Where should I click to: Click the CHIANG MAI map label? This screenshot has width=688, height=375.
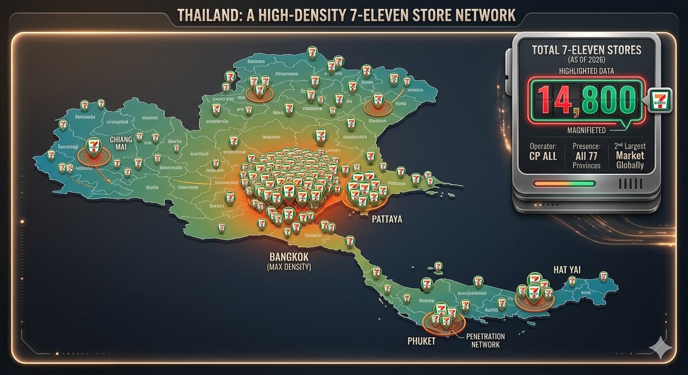[x=121, y=144]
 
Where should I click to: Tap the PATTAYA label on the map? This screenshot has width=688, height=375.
[x=387, y=219]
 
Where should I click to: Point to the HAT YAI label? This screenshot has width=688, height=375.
[x=567, y=270]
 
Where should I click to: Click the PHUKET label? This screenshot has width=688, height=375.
[x=421, y=341]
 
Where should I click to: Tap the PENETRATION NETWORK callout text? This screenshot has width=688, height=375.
[x=485, y=340]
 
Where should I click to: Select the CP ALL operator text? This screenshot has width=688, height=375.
[x=543, y=156]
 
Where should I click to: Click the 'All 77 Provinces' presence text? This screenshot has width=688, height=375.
[x=586, y=156]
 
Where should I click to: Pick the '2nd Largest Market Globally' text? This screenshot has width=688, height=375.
[x=630, y=156]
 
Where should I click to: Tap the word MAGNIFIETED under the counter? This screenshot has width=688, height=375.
[x=586, y=130]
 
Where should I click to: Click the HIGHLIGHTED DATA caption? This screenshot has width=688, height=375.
[x=586, y=71]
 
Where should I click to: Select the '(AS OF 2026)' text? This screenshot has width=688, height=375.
[x=586, y=60]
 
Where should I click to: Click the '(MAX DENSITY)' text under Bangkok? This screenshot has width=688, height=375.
[x=289, y=267]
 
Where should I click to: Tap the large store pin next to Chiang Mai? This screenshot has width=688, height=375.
[x=93, y=147]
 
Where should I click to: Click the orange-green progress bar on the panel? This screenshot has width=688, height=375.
[x=564, y=184]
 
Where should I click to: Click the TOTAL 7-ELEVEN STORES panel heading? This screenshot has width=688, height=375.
[x=586, y=49]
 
